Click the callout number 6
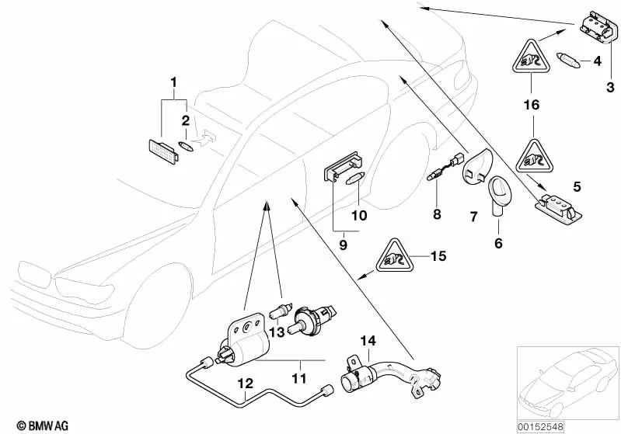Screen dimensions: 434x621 tap(498, 244)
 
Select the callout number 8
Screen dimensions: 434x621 tap(437, 214)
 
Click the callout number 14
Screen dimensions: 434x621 tap(367, 339)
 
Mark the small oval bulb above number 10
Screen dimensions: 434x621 tap(354, 179)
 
